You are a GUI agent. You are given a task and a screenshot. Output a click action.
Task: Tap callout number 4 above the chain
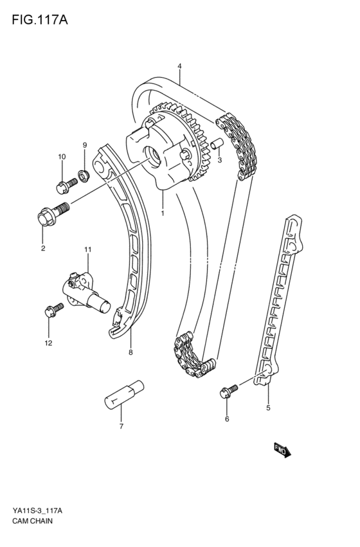(179, 66)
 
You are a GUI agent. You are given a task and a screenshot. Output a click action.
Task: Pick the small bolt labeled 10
(65, 186)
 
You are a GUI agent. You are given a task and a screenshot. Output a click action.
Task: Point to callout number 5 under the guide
(269, 407)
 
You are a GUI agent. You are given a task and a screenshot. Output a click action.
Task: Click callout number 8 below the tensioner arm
(130, 352)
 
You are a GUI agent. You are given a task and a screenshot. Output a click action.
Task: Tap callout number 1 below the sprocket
(163, 213)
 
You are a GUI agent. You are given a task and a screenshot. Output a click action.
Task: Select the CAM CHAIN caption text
(32, 521)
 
